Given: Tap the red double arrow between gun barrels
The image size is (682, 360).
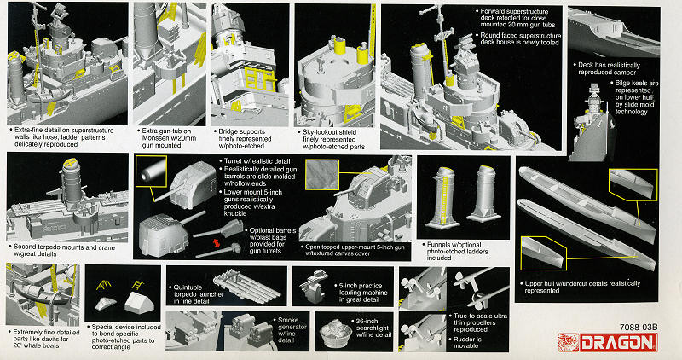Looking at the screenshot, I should click(x=228, y=245).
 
